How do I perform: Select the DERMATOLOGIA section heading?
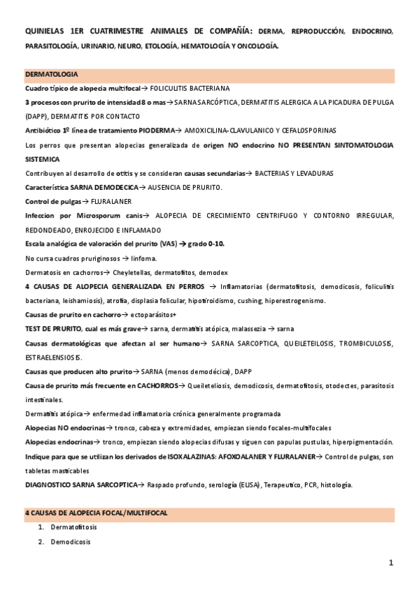pos(51,74)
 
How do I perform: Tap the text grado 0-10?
pos(213,244)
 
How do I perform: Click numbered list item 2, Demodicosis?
pos(70,542)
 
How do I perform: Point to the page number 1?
pos(392,562)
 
